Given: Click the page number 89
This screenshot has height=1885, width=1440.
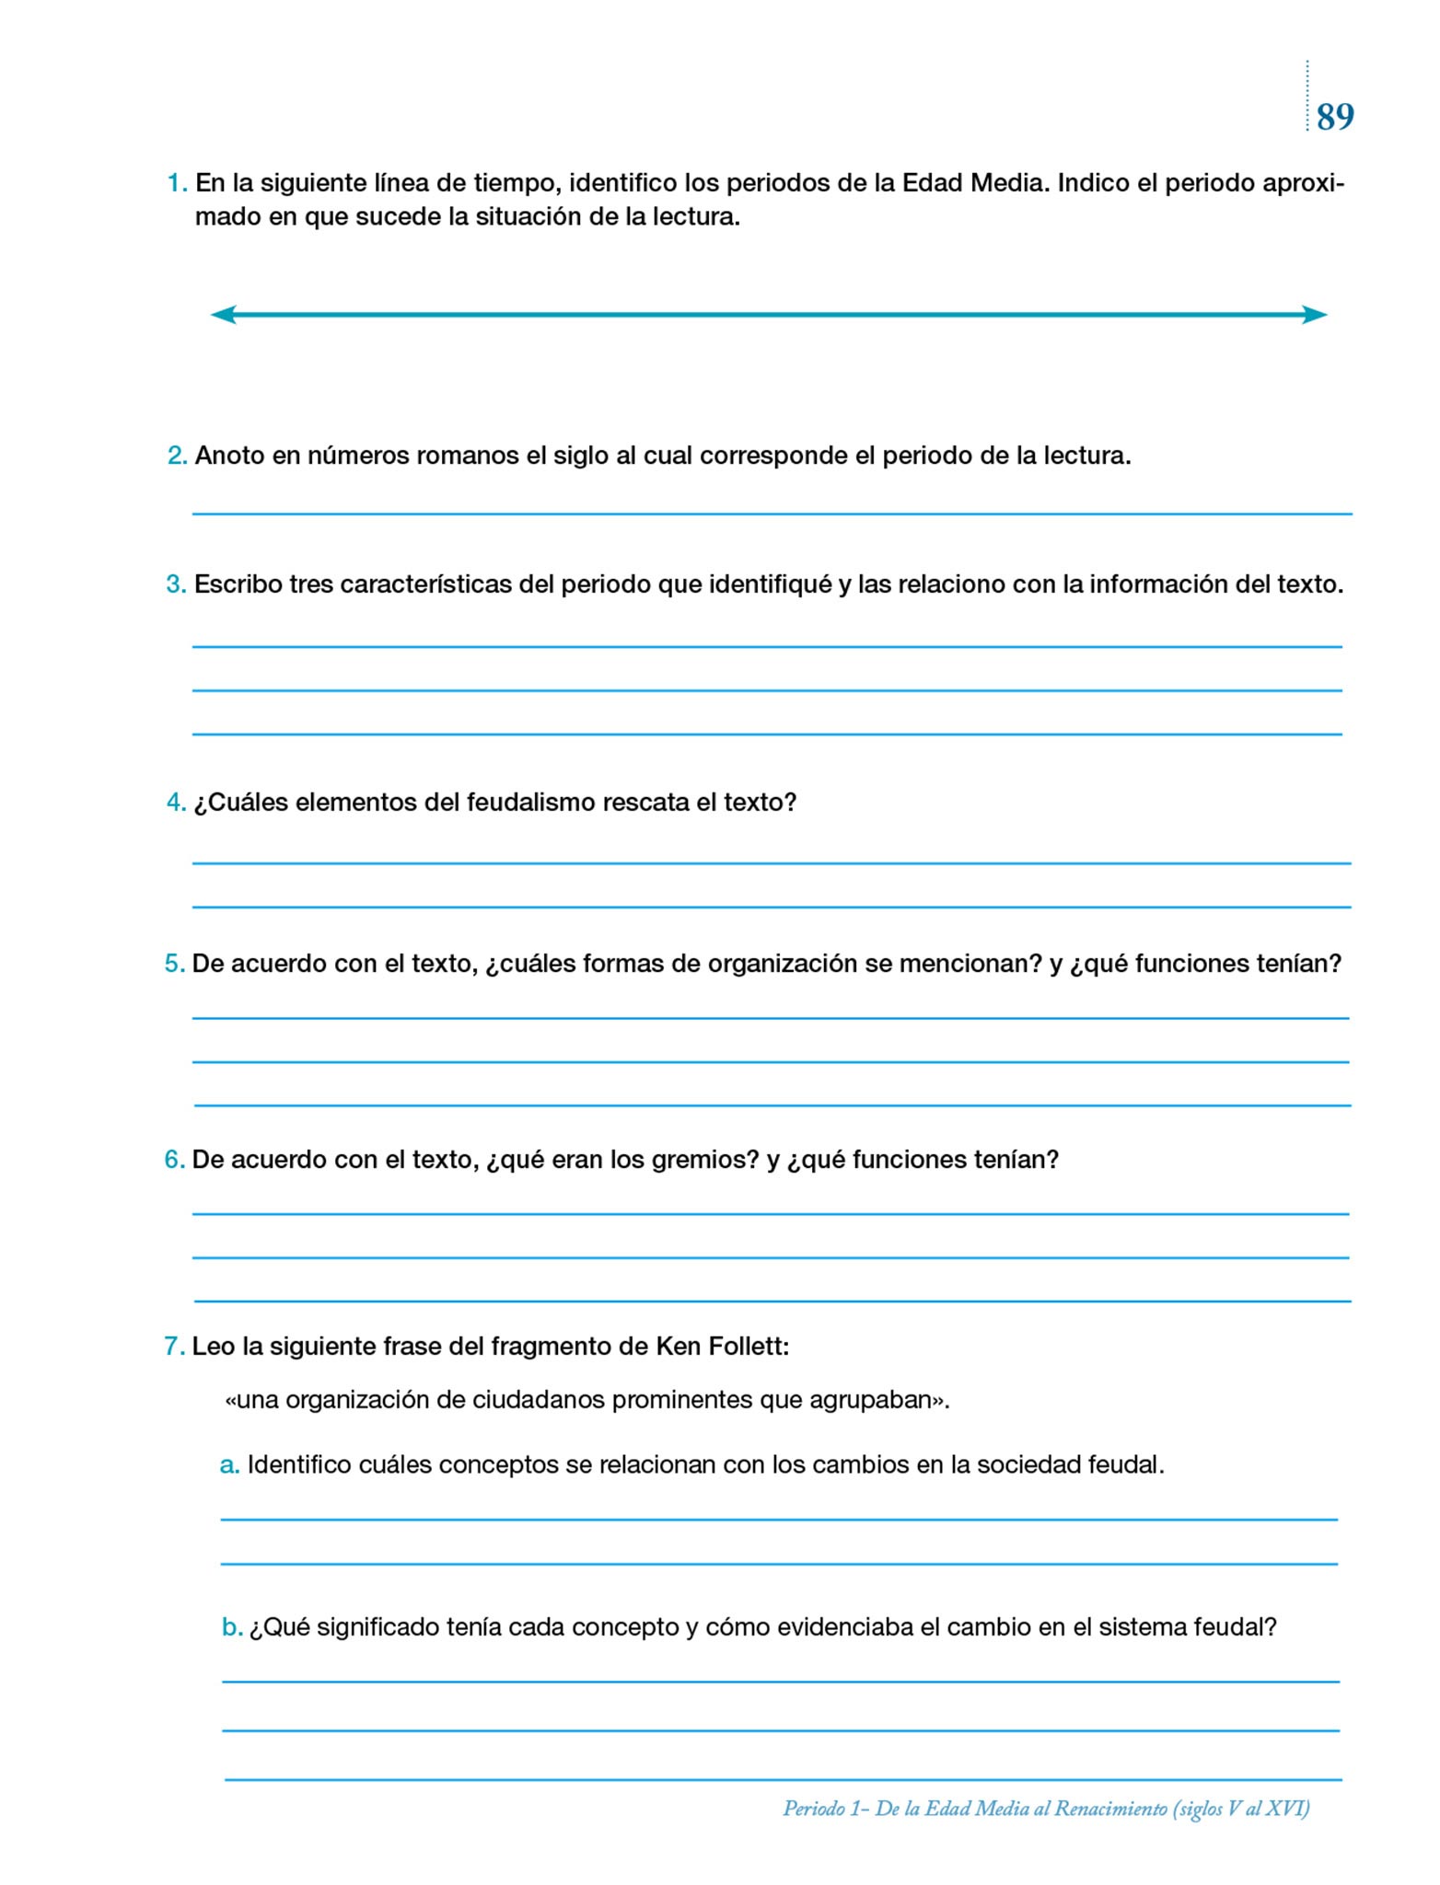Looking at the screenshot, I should tap(1335, 118).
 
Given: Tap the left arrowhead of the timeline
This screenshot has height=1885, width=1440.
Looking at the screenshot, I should tap(224, 315).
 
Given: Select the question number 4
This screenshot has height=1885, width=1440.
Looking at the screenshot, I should tap(176, 803).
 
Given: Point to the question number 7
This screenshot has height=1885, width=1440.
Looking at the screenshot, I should tap(174, 1347).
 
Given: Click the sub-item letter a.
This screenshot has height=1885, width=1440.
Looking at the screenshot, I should tap(229, 1464).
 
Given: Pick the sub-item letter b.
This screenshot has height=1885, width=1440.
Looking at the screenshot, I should tap(231, 1627).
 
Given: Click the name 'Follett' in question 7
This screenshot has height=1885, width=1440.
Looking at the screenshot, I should tap(749, 1347).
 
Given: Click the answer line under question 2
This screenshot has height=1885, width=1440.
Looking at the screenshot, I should tap(772, 513).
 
